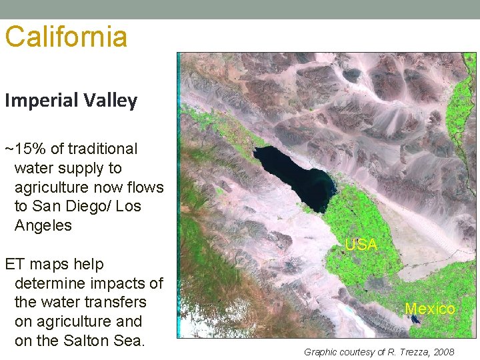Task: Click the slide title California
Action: coord(66,37)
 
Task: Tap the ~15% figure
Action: coord(24,149)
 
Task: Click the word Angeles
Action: coord(43,225)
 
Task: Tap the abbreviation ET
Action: coord(15,264)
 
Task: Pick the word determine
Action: coord(49,283)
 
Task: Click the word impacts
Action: coord(117,283)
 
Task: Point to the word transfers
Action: coord(112,302)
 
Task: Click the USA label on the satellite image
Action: coord(361,245)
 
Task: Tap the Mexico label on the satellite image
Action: coord(430,309)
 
